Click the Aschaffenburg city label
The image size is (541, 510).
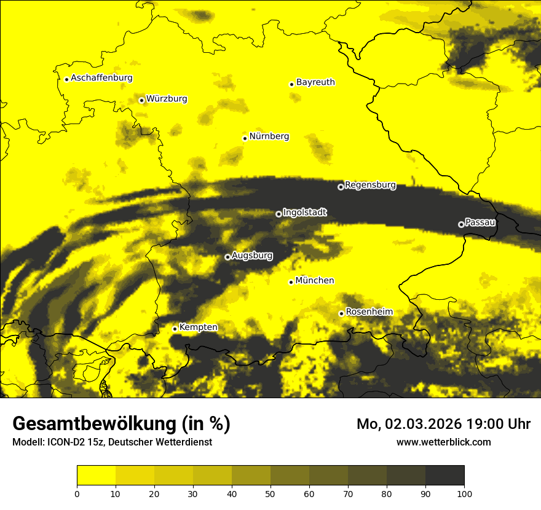[101, 78]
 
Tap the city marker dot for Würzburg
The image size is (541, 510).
[141, 100]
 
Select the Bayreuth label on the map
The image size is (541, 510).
[315, 82]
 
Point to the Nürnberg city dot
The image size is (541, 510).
[245, 138]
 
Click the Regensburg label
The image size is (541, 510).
[370, 184]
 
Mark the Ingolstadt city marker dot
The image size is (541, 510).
[278, 214]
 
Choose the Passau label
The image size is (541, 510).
[480, 222]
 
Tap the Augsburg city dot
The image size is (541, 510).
[227, 257]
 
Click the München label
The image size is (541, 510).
[315, 280]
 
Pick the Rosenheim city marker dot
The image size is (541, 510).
[341, 313]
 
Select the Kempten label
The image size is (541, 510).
[198, 327]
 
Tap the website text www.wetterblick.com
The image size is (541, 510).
[444, 442]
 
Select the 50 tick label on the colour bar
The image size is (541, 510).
[270, 493]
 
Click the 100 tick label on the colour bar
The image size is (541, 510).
[464, 493]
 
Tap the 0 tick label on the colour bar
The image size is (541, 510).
[77, 493]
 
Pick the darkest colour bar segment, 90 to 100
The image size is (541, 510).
[444, 475]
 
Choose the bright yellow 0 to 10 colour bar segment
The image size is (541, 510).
[96, 475]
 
